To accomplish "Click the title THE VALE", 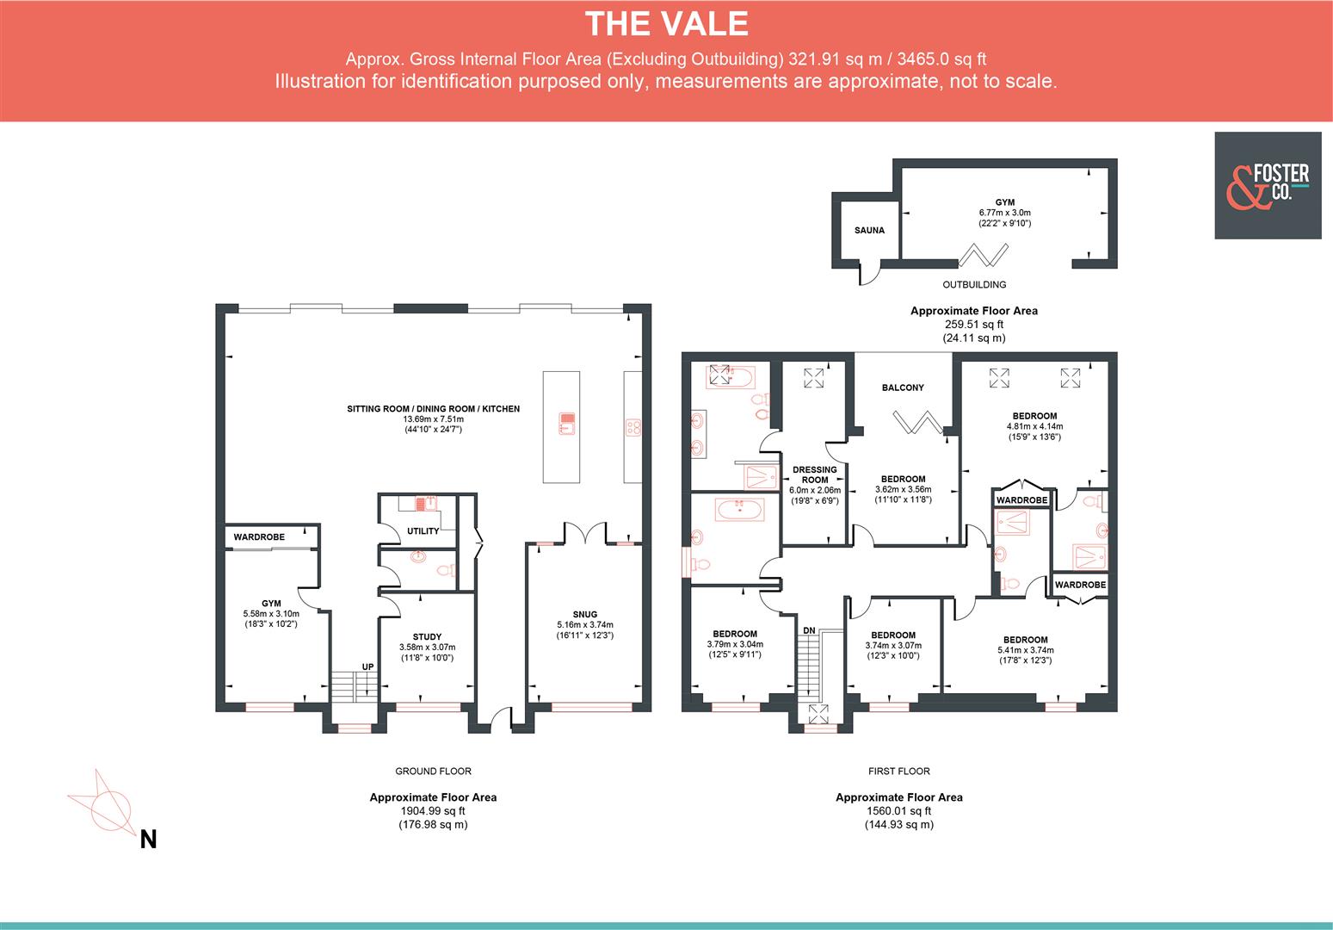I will [x=666, y=23].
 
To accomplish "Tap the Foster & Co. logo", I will [x=1267, y=185].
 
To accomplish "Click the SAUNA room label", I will [x=869, y=230].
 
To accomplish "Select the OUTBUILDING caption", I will [x=973, y=284].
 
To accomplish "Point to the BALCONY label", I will [x=903, y=387].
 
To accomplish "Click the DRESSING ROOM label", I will [x=814, y=475].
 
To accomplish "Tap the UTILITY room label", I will [x=423, y=531].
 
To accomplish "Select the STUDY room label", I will [x=427, y=637].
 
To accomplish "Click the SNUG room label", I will [x=584, y=615].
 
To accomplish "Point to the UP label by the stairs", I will [x=367, y=667].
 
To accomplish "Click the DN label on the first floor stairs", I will [x=809, y=631].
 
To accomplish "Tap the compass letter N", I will [x=148, y=839].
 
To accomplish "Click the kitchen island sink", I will [x=566, y=423].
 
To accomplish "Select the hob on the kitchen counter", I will [x=633, y=426].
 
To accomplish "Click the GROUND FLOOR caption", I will [x=433, y=772].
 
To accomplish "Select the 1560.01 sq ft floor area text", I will [x=898, y=811].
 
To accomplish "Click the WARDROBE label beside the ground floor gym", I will [x=259, y=537].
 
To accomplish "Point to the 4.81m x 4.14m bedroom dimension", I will [x=1034, y=426].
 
